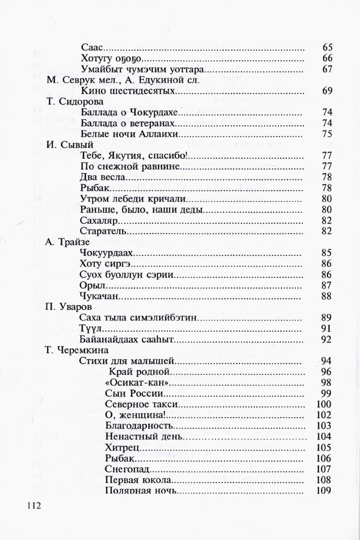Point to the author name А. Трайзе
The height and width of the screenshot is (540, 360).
(x=68, y=242)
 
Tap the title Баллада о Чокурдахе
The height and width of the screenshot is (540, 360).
(x=130, y=112)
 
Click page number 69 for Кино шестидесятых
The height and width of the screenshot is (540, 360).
(x=327, y=91)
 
